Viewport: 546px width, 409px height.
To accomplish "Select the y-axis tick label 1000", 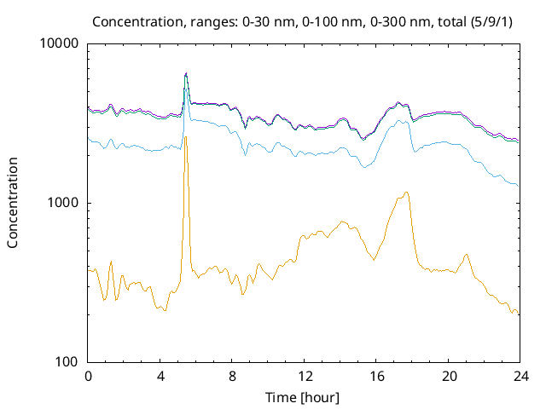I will coord(63,203).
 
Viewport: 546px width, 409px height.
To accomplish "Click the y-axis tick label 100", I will coord(67,362).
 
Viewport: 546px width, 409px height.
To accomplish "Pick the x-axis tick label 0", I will coord(88,376).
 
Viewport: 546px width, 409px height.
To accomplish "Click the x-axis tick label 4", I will coord(160,376).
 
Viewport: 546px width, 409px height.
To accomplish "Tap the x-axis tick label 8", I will coord(232,376).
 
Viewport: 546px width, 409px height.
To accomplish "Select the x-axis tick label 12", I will coord(304,376).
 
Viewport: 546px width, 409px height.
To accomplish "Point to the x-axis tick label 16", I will coord(375,376).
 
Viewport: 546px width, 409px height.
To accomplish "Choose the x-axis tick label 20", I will coord(448,376).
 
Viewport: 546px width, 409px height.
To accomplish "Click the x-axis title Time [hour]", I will coord(304,397).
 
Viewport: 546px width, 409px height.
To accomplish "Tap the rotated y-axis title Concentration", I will coord(13,203).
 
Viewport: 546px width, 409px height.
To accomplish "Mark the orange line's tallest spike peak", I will coord(185,136).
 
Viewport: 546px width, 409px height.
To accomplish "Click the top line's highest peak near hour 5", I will coord(185,73).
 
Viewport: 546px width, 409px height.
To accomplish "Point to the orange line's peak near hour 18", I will coord(407,193).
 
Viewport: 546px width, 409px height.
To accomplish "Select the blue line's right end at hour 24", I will coord(519,186).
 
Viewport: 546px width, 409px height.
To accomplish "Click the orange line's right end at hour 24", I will coord(519,314).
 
